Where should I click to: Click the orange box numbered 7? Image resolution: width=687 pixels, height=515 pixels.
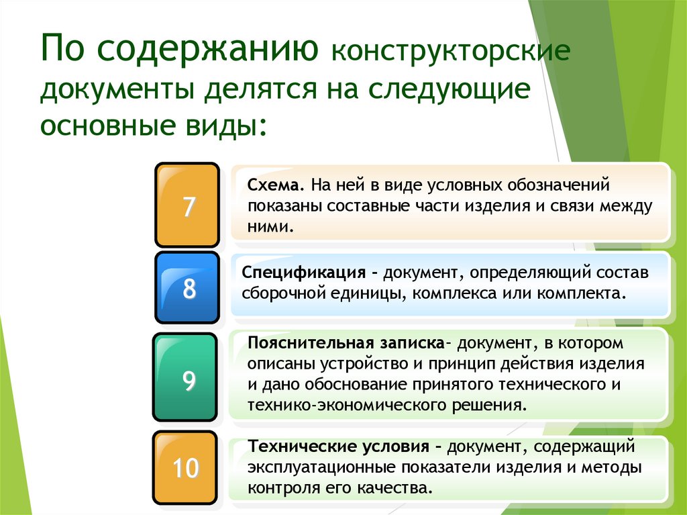187,205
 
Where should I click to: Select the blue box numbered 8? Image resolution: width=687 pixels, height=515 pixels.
188,288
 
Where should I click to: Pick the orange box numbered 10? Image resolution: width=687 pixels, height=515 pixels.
185,467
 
